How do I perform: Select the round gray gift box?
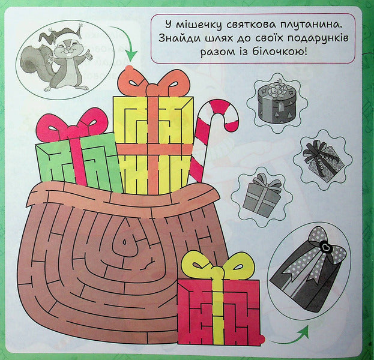(277, 103)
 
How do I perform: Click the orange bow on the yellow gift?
(154, 83)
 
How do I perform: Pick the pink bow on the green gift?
(71, 124)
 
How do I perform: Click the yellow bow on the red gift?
(217, 265)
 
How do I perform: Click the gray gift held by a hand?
(322, 157)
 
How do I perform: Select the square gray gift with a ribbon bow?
(262, 196)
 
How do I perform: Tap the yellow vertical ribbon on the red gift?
(218, 310)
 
